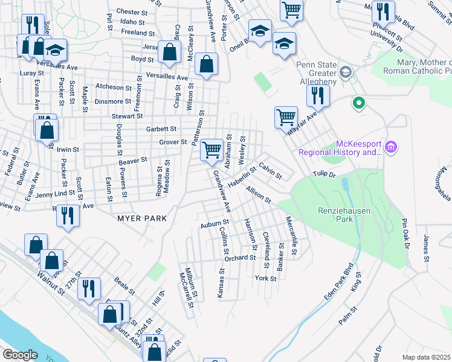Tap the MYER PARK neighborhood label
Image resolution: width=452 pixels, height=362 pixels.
[x=143, y=218]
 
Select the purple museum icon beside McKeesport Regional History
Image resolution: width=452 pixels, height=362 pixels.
[x=390, y=147]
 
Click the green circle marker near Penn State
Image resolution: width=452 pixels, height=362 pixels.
[x=358, y=103]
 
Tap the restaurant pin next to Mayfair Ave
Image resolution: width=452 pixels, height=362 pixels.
[x=316, y=95]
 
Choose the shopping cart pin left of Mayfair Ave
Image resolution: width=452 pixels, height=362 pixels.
[x=285, y=116]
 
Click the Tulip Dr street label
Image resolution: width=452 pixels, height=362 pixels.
[x=323, y=174]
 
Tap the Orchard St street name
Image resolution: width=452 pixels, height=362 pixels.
[x=240, y=258]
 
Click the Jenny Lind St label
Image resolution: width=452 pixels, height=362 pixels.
[x=57, y=195]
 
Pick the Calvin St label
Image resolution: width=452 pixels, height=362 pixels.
[x=270, y=170]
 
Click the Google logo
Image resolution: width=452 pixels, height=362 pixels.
[x=20, y=355]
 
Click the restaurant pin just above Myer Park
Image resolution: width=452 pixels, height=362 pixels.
[x=68, y=216]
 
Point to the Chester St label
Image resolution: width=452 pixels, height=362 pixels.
[x=132, y=11]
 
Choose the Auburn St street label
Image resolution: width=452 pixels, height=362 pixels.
[x=213, y=225]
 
